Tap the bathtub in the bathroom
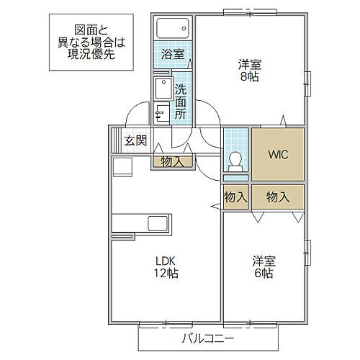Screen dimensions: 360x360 pyautogui.click(x=173, y=29)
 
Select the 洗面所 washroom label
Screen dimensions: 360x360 pyautogui.click(x=181, y=102)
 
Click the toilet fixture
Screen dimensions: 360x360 pyautogui.click(x=235, y=161)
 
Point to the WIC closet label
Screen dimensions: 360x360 pyautogui.click(x=278, y=154)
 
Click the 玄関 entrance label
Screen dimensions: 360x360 pyautogui.click(x=135, y=140)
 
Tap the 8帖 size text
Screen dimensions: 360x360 pyautogui.click(x=251, y=78)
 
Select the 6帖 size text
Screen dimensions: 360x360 pyautogui.click(x=263, y=274)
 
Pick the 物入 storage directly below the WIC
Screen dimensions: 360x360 pyautogui.click(x=278, y=196)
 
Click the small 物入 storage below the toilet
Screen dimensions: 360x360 pyautogui.click(x=235, y=196)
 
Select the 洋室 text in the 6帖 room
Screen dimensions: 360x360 pyautogui.click(x=263, y=261)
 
